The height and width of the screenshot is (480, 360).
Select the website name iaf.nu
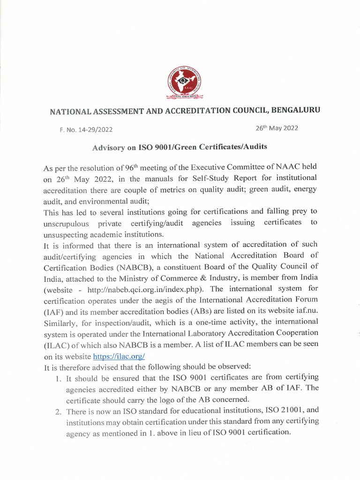point(307,310)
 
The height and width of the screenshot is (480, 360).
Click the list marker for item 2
point(57,411)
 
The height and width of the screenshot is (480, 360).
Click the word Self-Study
point(200,179)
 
